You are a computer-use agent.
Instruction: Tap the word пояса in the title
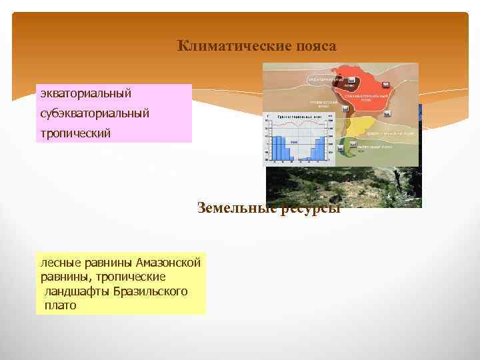point(315,46)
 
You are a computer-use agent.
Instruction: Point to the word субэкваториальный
point(95,113)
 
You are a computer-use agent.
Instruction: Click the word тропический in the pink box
point(75,133)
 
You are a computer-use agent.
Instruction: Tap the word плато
point(60,306)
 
